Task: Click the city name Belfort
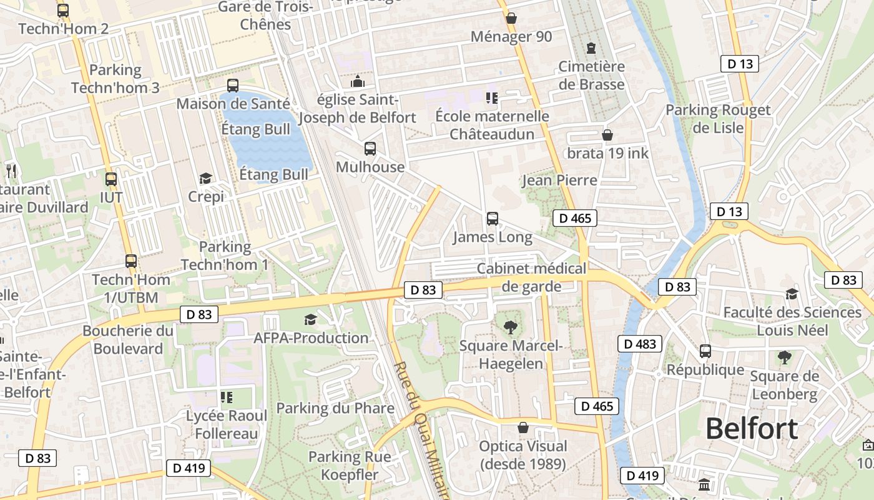click(752, 429)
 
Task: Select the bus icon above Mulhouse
click(370, 149)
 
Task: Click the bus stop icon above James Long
click(493, 219)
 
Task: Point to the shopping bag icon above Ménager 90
click(511, 18)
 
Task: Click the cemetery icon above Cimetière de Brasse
click(591, 47)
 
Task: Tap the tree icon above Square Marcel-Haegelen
click(511, 327)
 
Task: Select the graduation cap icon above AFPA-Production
click(310, 320)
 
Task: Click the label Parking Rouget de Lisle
click(718, 119)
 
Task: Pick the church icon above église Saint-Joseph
click(357, 81)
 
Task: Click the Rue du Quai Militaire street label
click(421, 431)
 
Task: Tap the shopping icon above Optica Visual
click(523, 428)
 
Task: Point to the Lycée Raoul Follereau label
click(227, 424)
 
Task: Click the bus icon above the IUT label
click(111, 179)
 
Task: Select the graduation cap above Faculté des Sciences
click(792, 294)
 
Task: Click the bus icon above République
click(705, 351)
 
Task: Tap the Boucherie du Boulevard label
click(128, 339)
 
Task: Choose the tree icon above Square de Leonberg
click(784, 357)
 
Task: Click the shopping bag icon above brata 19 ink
click(607, 135)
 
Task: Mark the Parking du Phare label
click(335, 408)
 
